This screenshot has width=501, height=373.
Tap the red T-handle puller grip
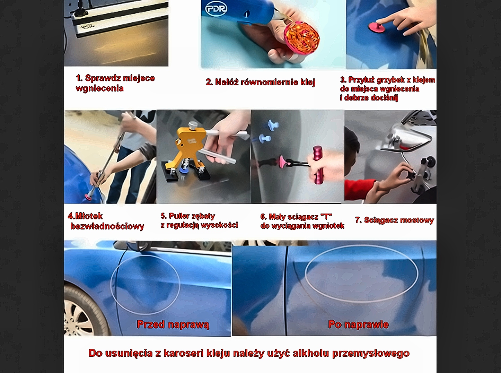[317, 165]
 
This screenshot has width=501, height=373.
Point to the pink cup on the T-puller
[283, 162]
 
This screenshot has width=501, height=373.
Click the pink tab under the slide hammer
[88, 197]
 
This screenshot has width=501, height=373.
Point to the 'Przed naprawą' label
[173, 324]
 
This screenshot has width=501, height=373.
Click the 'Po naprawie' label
[358, 324]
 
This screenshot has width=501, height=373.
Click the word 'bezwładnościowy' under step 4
[107, 226]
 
